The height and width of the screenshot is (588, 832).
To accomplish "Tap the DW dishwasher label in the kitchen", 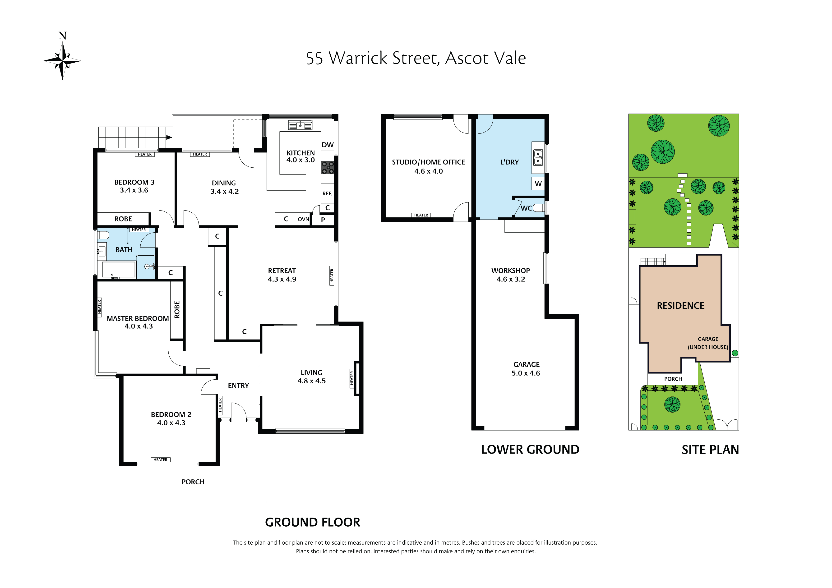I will click(x=327, y=145).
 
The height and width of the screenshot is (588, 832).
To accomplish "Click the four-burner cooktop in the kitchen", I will click(x=327, y=167).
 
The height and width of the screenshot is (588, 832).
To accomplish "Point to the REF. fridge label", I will click(x=327, y=193).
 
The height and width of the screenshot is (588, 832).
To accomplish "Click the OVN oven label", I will click(x=303, y=219).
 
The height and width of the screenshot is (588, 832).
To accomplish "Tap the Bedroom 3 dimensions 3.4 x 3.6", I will click(x=134, y=190).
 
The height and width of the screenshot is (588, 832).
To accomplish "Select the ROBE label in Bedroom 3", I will click(x=123, y=219).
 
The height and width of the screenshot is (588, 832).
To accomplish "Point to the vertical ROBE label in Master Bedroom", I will click(x=177, y=309).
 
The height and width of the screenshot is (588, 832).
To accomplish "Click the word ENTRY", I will click(x=238, y=386).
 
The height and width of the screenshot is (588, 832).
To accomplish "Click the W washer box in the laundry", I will click(x=538, y=184).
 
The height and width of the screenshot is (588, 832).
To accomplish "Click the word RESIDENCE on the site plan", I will click(x=680, y=306).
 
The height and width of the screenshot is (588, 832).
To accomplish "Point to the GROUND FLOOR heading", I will click(x=312, y=522).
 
